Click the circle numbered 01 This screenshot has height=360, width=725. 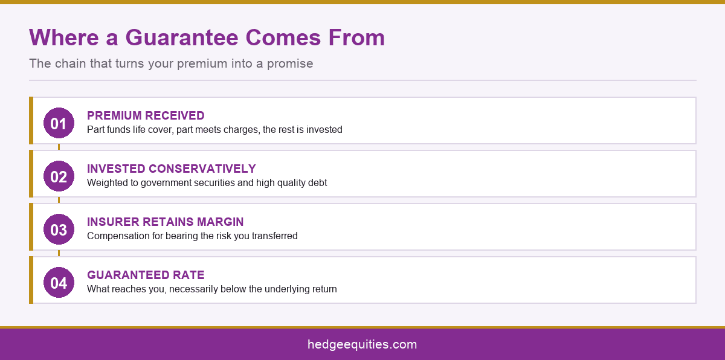tap(59, 123)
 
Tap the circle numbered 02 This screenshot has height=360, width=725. tap(59, 176)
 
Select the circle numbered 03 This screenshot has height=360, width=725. tap(59, 230)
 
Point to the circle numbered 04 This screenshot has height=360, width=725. tap(59, 282)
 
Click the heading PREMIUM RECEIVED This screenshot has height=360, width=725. tap(146, 115)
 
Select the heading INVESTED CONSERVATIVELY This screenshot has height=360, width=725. tap(172, 169)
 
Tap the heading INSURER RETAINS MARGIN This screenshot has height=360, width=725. tap(166, 222)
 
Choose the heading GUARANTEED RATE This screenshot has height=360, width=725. tap(146, 275)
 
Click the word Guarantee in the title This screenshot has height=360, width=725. tap(182, 37)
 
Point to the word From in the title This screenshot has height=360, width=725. tap(356, 37)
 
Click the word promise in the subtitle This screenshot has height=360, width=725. tap(290, 64)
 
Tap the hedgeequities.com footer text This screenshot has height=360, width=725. tap(362, 344)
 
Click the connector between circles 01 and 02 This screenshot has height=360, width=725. tap(59, 147)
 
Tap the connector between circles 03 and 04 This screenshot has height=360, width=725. tap(59, 253)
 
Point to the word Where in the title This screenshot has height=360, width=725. tap(64, 37)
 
